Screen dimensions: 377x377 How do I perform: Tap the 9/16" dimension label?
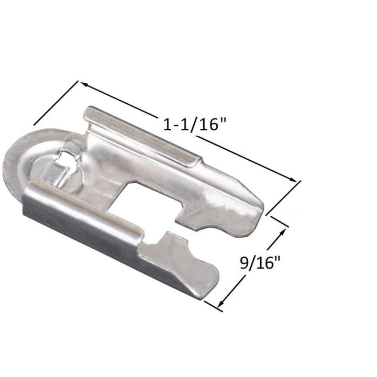tap(260, 262)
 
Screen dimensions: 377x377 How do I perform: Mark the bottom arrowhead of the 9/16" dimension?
tap(220, 306)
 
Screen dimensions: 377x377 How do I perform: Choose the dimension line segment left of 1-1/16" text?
tap(120, 101)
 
